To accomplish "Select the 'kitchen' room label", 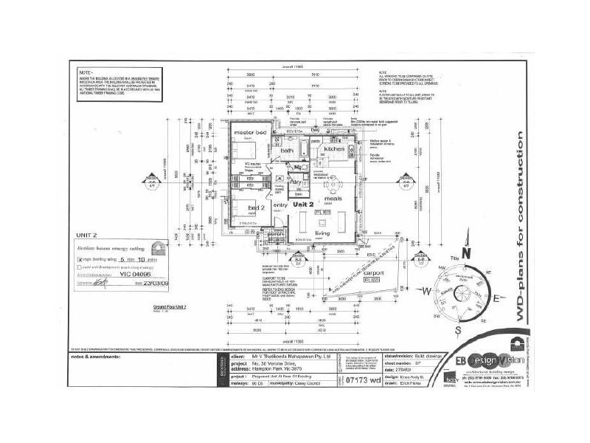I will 335,149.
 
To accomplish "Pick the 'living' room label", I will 322,233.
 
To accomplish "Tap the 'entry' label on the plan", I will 280,205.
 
